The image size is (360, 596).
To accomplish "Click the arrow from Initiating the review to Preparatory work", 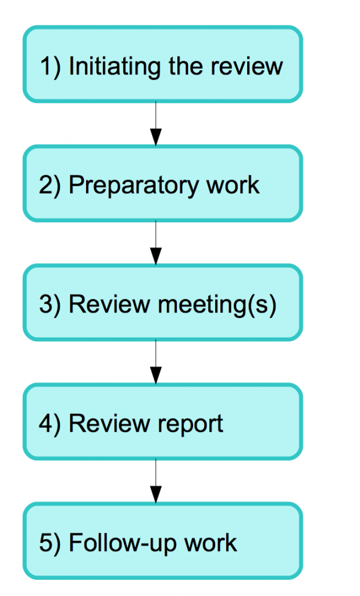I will click(x=155, y=124).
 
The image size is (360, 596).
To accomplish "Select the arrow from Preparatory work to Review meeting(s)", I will click(x=155, y=243).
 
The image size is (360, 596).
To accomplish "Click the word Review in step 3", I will click(x=103, y=304).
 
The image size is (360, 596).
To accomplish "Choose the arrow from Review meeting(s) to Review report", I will click(x=155, y=363).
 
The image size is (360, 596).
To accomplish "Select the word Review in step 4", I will click(x=103, y=424).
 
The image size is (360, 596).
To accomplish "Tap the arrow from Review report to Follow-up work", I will click(x=155, y=482).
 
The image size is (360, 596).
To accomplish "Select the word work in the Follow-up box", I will click(x=211, y=543).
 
